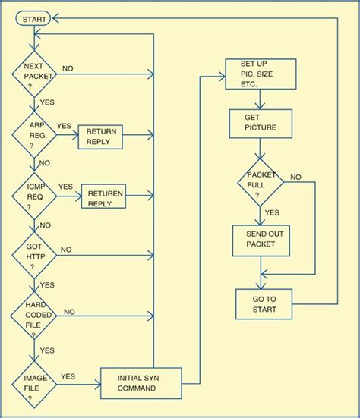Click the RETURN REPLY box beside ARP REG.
(100, 137)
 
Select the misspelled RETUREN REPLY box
(104, 198)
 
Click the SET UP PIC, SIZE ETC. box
(260, 74)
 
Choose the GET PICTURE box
(260, 123)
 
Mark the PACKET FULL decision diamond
(260, 182)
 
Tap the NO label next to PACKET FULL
(295, 177)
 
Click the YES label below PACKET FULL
(272, 212)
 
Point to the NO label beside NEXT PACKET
(68, 68)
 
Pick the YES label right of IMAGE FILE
(68, 376)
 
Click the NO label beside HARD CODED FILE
(69, 311)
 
